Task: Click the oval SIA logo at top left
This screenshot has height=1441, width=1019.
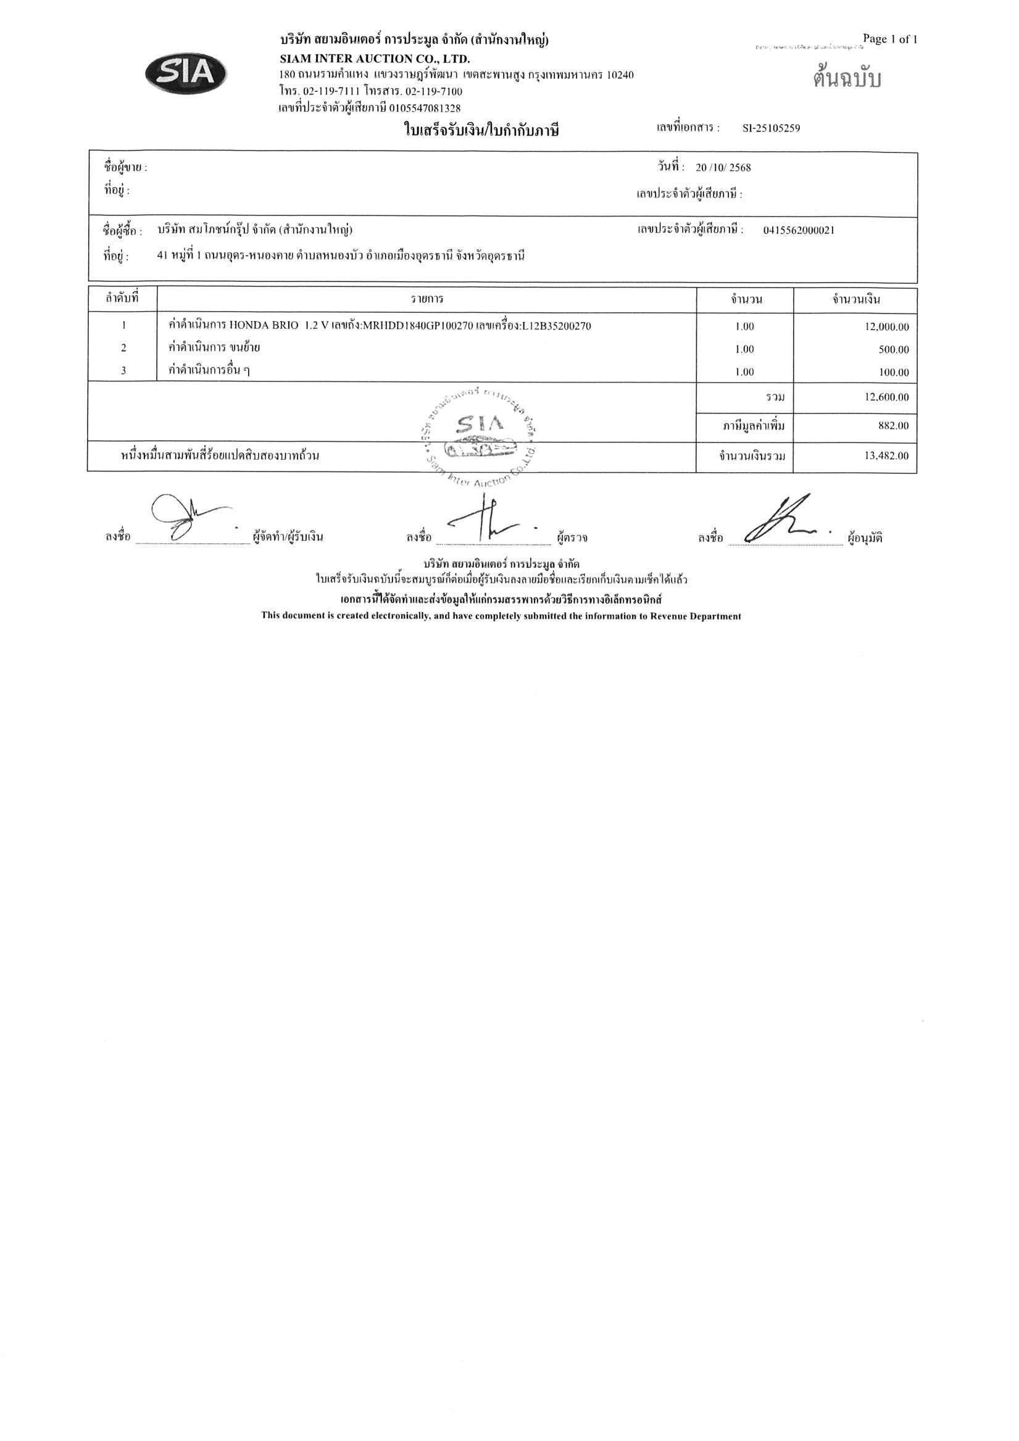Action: tap(186, 74)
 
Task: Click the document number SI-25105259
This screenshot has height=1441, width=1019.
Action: tap(771, 128)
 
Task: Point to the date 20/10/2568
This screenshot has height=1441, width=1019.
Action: tap(723, 168)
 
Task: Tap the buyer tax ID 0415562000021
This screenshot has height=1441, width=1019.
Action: tap(799, 230)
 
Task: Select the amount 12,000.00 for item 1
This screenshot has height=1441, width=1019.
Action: tap(886, 327)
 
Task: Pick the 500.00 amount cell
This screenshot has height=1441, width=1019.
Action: tap(894, 349)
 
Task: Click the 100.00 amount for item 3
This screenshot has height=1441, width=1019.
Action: tap(894, 373)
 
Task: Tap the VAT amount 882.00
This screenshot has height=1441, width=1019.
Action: tap(893, 426)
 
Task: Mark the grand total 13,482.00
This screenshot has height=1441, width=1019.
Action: tap(886, 455)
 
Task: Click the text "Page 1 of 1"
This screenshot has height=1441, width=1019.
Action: tap(889, 39)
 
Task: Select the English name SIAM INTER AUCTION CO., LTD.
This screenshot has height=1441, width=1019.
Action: tap(374, 60)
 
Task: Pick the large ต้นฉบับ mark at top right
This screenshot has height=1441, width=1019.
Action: tap(847, 79)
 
